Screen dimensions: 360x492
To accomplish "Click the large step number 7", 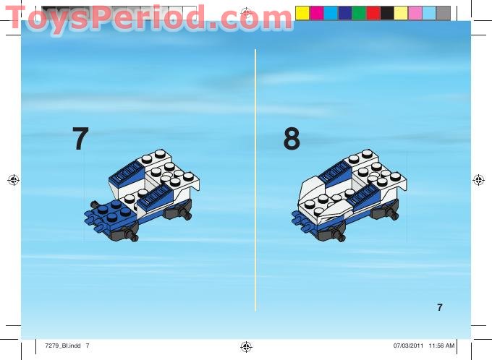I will click(x=80, y=139).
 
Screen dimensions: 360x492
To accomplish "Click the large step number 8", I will click(x=292, y=139).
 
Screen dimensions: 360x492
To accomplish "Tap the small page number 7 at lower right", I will click(x=440, y=308).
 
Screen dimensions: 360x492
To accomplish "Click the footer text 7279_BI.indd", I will click(x=61, y=346).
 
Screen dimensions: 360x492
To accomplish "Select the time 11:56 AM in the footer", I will click(x=441, y=346).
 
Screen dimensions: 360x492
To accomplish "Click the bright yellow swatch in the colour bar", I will click(x=302, y=13).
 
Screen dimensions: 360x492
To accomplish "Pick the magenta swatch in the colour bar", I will click(x=316, y=13).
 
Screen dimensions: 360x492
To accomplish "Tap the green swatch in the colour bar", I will click(x=359, y=13).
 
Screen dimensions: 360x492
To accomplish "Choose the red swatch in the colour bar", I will click(x=373, y=13).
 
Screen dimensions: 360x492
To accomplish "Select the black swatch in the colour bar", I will click(x=387, y=13).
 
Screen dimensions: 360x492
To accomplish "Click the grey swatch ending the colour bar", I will click(x=444, y=13).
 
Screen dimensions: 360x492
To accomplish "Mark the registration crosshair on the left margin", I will click(x=13, y=180).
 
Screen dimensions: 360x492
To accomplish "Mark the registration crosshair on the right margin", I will click(x=478, y=180).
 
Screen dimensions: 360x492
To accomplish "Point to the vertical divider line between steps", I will click(x=255, y=181).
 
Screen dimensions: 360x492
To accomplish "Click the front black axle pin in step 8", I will click(x=340, y=235).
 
